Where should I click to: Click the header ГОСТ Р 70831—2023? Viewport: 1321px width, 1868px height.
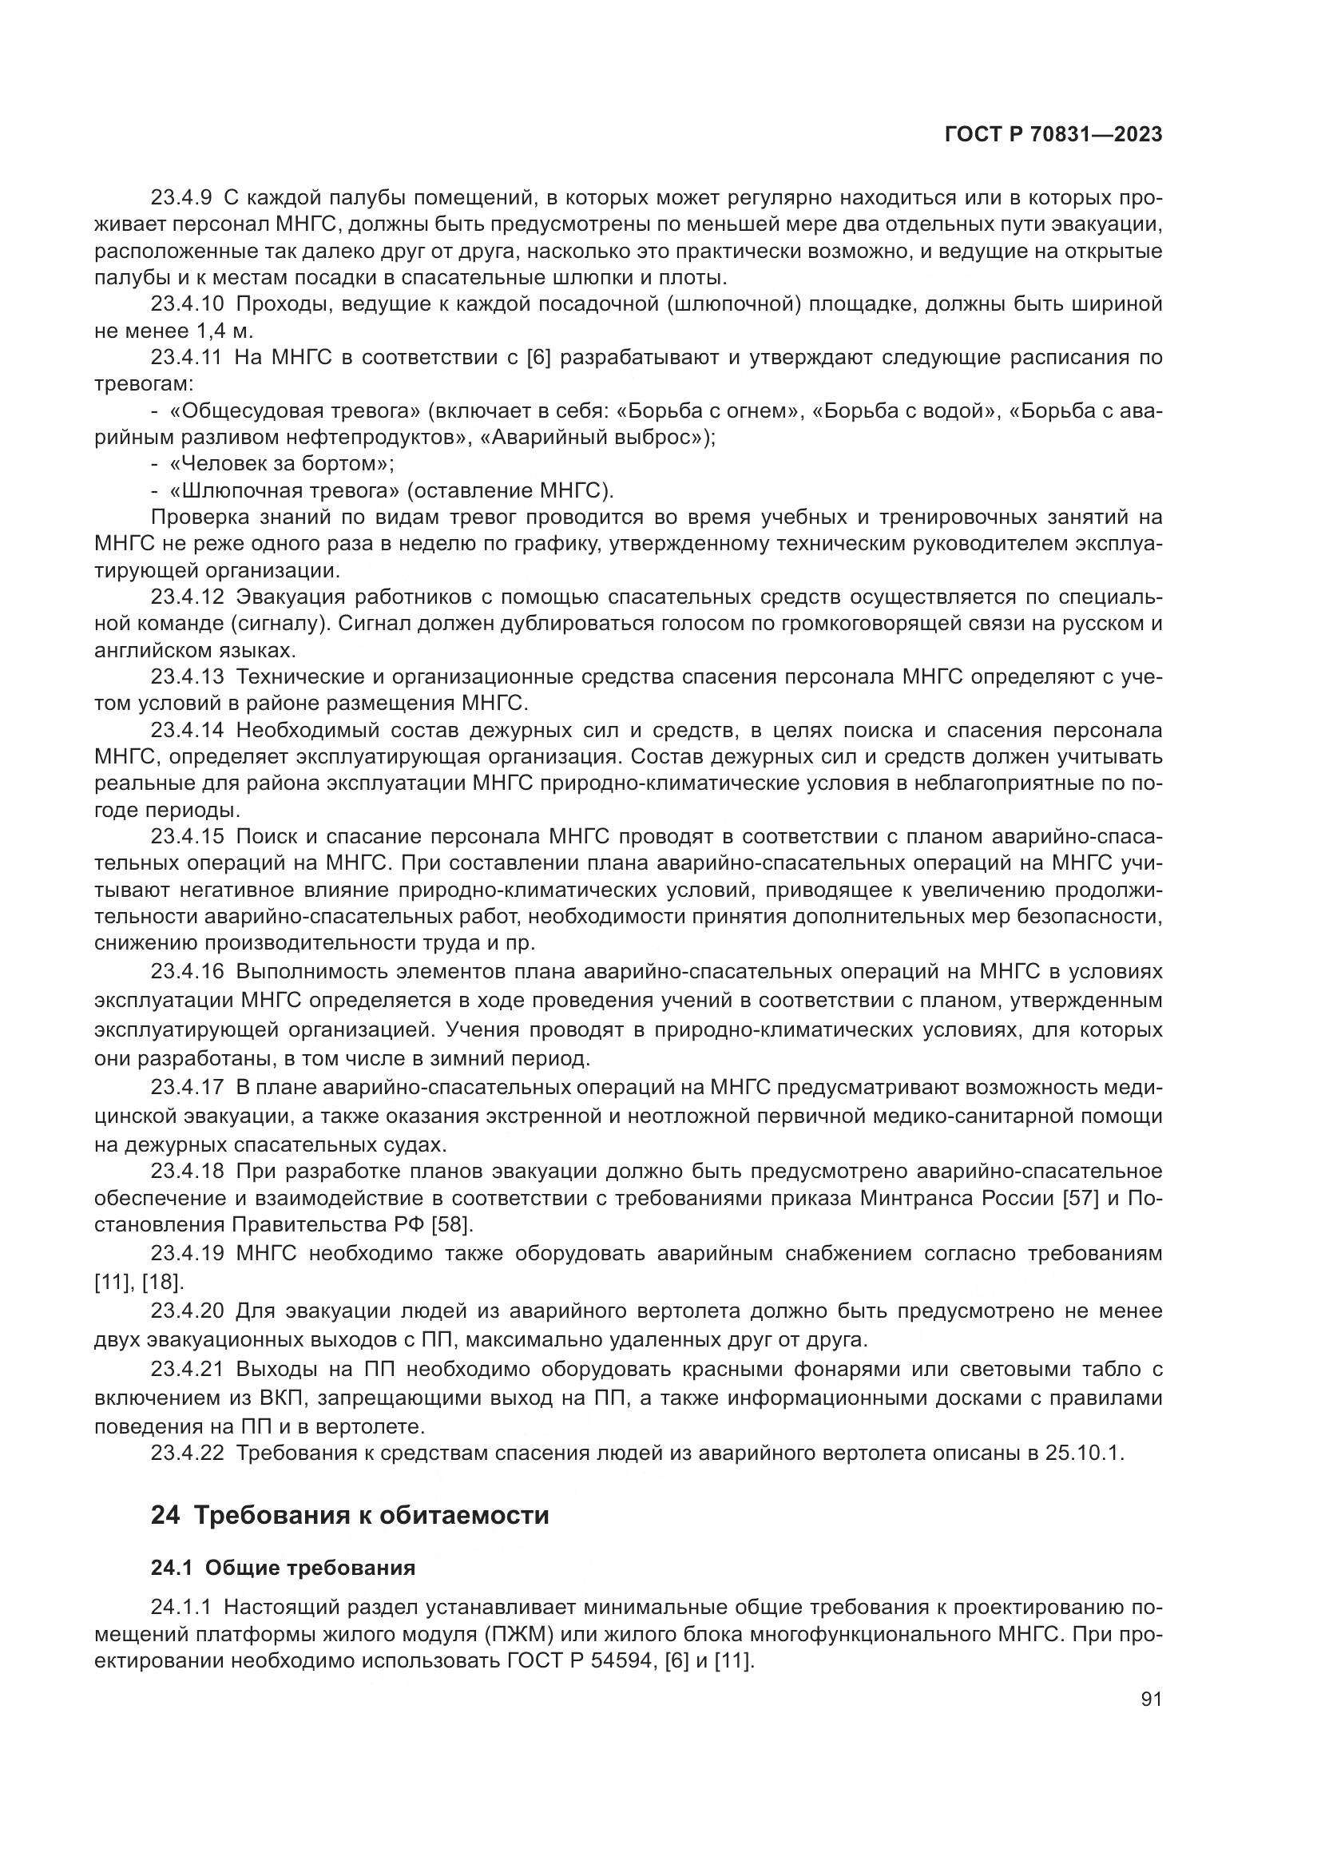click(x=1053, y=135)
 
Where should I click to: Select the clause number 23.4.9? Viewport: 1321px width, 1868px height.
click(x=181, y=198)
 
